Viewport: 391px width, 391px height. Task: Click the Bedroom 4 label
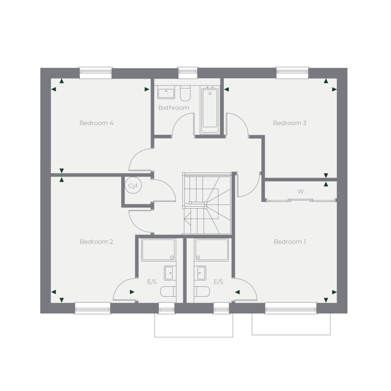[96, 123]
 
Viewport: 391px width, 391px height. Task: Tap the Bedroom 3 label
[289, 123]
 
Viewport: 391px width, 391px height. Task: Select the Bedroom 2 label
[96, 242]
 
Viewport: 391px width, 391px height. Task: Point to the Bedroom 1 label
[290, 242]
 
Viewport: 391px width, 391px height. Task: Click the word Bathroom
[174, 108]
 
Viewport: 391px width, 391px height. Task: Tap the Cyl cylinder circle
[132, 186]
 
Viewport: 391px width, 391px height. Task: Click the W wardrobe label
[301, 192]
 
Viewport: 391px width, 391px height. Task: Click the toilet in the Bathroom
[184, 93]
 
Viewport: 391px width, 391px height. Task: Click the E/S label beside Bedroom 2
[152, 282]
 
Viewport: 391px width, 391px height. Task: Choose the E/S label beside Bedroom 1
[218, 282]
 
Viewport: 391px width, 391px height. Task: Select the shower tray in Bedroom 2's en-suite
[158, 250]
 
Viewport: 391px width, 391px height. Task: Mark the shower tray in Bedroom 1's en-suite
[211, 250]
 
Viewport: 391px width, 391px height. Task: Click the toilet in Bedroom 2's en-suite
[167, 292]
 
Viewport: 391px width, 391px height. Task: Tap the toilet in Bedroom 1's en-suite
[202, 292]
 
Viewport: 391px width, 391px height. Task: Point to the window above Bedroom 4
[96, 73]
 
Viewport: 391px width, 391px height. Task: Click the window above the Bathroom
[187, 73]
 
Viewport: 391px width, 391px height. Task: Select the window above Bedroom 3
[292, 73]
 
